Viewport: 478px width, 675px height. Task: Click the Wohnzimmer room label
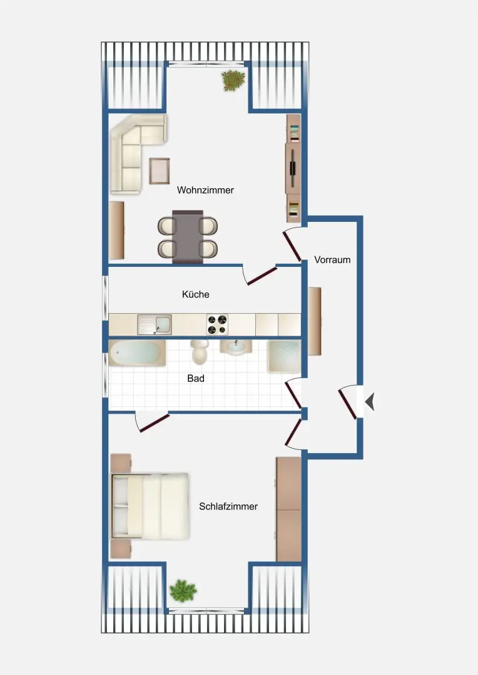pyautogui.click(x=205, y=190)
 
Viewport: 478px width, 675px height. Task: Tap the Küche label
pyautogui.click(x=195, y=294)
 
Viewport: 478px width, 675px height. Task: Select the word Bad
pyautogui.click(x=196, y=378)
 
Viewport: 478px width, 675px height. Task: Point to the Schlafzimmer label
pyautogui.click(x=228, y=506)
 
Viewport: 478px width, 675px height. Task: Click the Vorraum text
pyautogui.click(x=332, y=259)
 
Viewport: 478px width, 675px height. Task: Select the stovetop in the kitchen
pyautogui.click(x=217, y=324)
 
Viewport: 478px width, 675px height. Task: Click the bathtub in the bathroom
pyautogui.click(x=137, y=354)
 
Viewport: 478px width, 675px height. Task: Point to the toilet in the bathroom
pyautogui.click(x=200, y=352)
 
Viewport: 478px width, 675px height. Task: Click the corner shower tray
pyautogui.click(x=285, y=356)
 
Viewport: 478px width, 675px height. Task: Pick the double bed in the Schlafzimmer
pyautogui.click(x=150, y=506)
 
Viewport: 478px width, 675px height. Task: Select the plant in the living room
pyautogui.click(x=233, y=80)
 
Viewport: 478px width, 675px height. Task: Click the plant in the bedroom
pyautogui.click(x=183, y=589)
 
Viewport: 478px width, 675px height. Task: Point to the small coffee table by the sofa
pyautogui.click(x=160, y=170)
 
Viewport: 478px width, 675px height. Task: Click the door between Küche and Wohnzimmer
pyautogui.click(x=261, y=276)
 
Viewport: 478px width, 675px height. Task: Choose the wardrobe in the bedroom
pyautogui.click(x=288, y=509)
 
